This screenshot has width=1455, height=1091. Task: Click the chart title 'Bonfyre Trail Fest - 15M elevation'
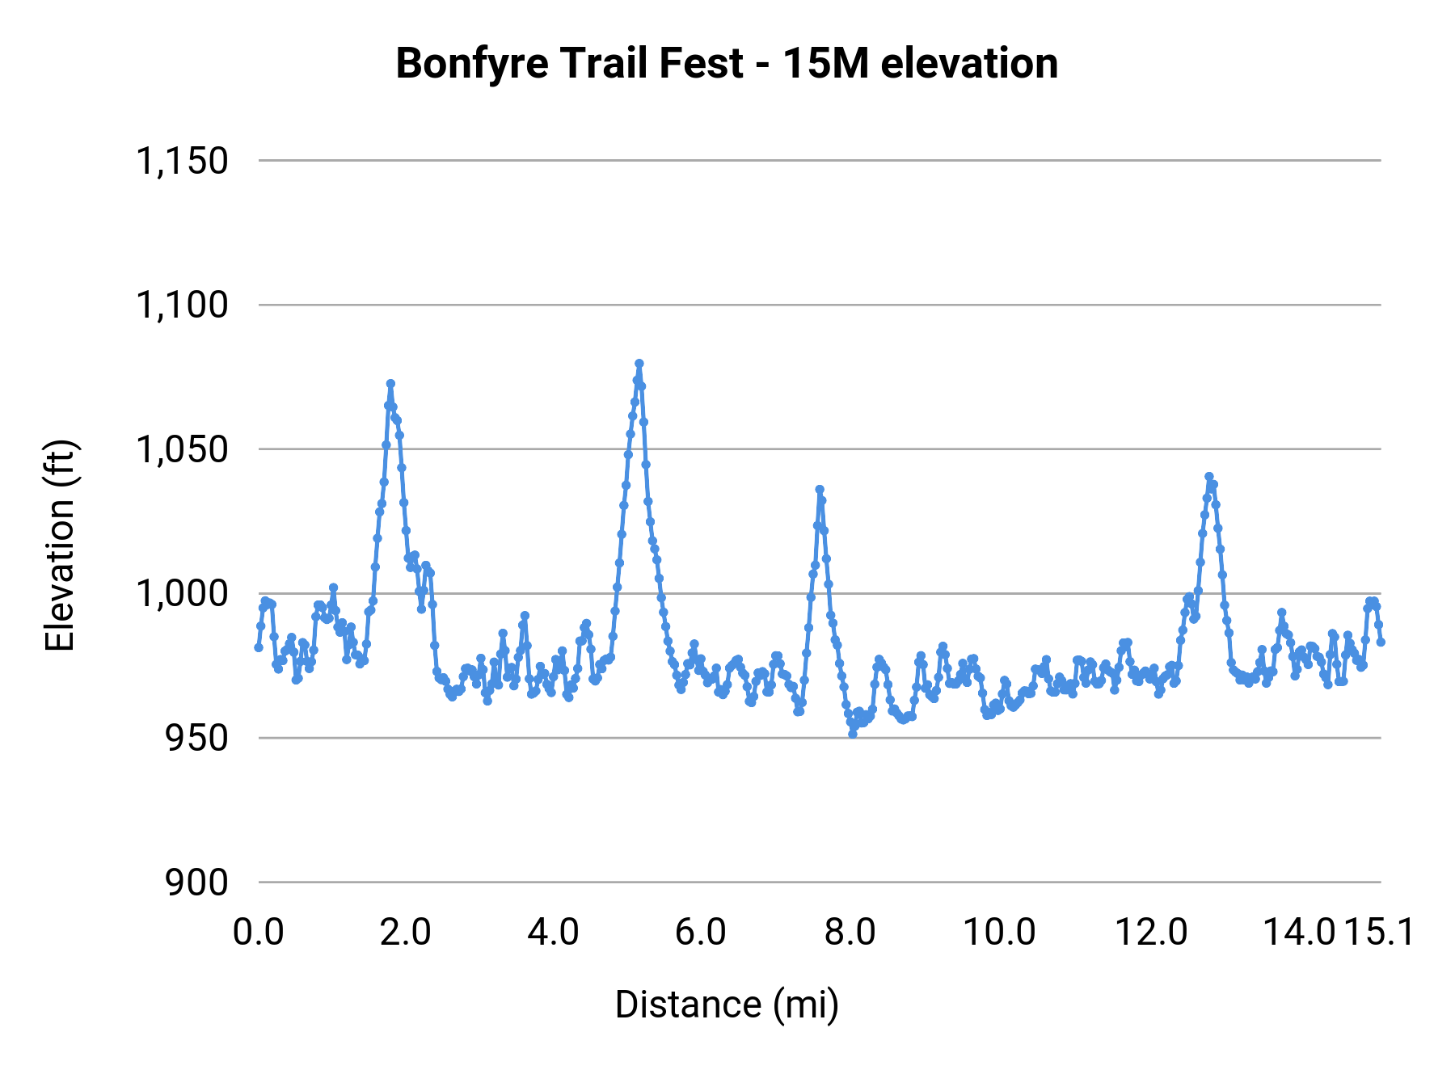(x=726, y=63)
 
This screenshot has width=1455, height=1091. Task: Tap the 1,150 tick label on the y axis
(x=182, y=161)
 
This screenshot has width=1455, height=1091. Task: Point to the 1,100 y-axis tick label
(x=182, y=305)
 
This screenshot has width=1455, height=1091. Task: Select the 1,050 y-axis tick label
(x=182, y=449)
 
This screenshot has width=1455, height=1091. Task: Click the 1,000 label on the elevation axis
(x=182, y=594)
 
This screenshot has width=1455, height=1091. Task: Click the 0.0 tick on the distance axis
(x=259, y=933)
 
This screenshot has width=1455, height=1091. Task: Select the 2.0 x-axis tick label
(x=406, y=933)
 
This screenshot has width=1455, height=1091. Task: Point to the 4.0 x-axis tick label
(x=554, y=933)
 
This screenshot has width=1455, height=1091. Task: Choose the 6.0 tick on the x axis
(x=702, y=933)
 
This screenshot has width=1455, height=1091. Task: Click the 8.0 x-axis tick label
(x=850, y=933)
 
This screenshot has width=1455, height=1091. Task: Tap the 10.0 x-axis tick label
(x=999, y=933)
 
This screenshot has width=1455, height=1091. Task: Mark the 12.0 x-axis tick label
(x=1151, y=933)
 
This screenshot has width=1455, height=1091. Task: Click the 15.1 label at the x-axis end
(x=1379, y=933)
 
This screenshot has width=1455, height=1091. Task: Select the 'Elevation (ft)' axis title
(x=60, y=545)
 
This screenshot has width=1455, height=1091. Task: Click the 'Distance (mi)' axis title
(x=726, y=1005)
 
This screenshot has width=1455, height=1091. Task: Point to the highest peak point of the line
(x=639, y=364)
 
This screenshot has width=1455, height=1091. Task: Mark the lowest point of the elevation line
(x=852, y=734)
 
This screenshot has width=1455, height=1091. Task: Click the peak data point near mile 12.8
(x=1208, y=477)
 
